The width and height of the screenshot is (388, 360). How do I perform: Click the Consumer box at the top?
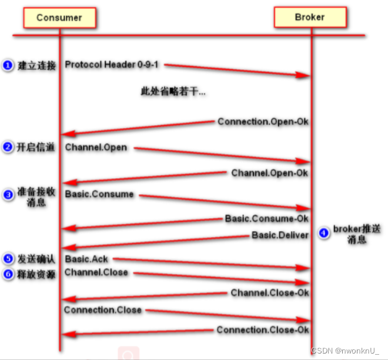point(59,18)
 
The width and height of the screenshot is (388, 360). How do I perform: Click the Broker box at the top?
point(309,18)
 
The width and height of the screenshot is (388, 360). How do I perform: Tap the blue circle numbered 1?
point(7,65)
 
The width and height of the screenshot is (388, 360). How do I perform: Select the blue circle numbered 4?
point(323,233)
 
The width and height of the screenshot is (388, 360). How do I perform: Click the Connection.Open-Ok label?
point(263,122)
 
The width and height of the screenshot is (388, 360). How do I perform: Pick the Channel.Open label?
point(95,147)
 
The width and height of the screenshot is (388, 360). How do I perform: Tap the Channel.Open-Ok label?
point(269,173)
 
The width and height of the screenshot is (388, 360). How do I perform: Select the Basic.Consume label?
point(99,194)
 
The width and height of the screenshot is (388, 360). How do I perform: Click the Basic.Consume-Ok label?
point(266,218)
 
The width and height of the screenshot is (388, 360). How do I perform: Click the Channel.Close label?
point(96,272)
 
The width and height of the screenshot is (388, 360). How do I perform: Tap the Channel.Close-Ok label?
point(269,292)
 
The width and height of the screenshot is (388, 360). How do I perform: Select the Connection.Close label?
point(103,309)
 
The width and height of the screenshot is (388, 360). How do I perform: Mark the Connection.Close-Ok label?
point(262,329)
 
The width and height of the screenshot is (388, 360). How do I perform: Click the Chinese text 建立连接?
point(36,66)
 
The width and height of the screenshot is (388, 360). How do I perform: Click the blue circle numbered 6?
point(7,274)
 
